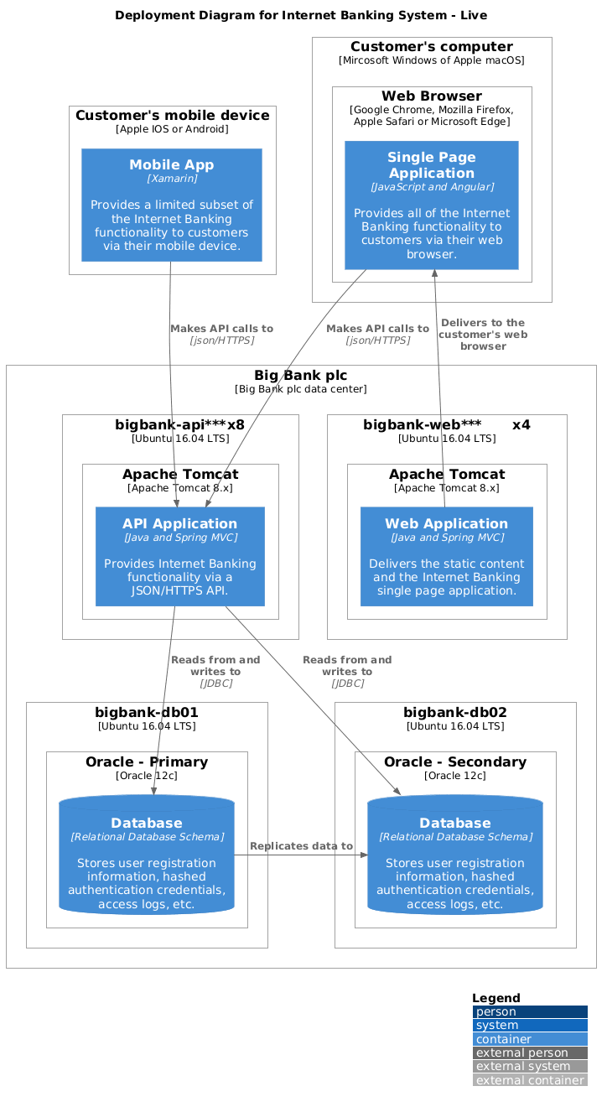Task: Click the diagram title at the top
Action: tap(301, 15)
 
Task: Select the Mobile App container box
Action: tap(172, 205)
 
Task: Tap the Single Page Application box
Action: tap(431, 205)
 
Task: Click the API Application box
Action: tap(180, 556)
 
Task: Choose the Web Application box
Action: tap(446, 556)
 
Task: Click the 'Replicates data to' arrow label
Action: tap(301, 845)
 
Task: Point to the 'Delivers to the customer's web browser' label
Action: tap(482, 334)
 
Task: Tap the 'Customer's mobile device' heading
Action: tap(172, 115)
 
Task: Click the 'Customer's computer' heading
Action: tap(431, 47)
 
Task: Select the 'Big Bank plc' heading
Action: tap(301, 375)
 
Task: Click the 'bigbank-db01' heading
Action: tap(147, 712)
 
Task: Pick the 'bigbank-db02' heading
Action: tap(455, 712)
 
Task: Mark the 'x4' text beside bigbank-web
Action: tap(521, 424)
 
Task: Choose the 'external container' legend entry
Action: tap(529, 1079)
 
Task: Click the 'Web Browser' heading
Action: tap(432, 96)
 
